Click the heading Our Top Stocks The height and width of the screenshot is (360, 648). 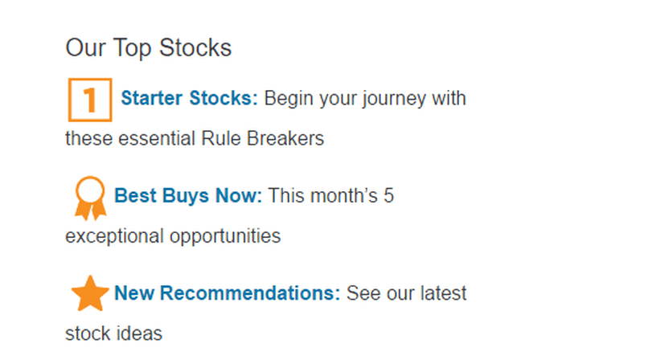149,48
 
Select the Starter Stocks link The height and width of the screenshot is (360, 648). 189,98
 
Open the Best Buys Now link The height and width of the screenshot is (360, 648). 188,196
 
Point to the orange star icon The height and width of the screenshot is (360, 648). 90,293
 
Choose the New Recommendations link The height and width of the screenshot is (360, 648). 228,293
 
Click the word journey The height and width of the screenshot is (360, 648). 394,99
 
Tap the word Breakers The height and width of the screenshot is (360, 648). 285,138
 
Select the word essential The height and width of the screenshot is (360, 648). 157,138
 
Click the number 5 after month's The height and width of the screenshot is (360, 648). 388,196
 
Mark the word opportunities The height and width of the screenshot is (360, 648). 225,237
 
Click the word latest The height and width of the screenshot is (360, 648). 443,293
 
